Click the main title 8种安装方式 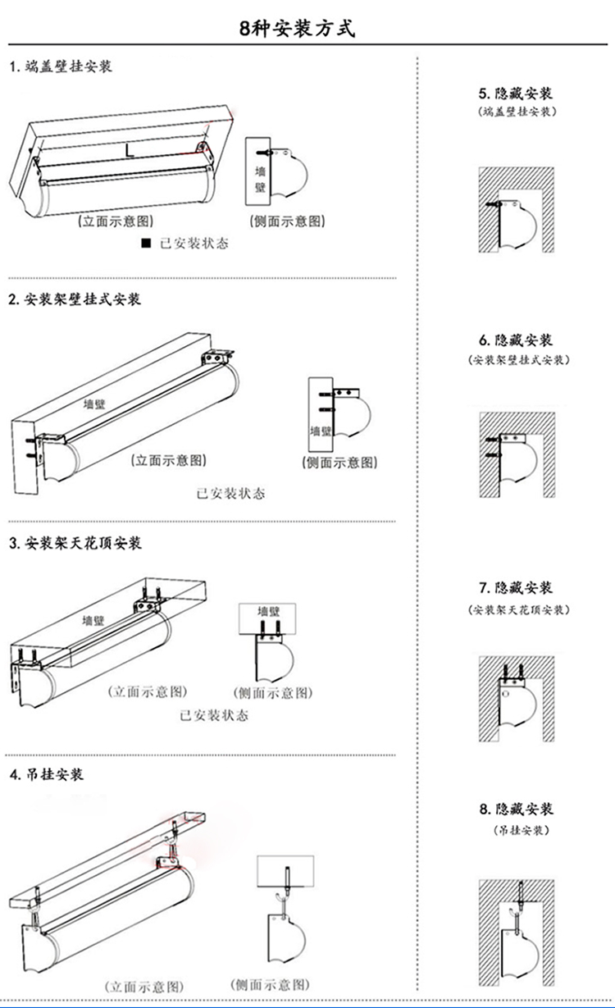298,29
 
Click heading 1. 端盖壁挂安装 61,67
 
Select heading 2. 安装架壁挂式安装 75,299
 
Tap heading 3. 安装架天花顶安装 75,543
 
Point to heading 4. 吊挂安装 46,774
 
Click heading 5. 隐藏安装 516,93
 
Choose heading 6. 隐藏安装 516,340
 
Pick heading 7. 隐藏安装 516,587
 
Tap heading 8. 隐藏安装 516,809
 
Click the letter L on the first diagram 130,150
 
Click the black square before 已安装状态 146,243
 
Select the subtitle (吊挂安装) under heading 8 516,830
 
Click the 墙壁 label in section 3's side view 269,611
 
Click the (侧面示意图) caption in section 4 271,984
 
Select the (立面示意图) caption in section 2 169,460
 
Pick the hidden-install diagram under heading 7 516,698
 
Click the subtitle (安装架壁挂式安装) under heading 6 516,361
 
